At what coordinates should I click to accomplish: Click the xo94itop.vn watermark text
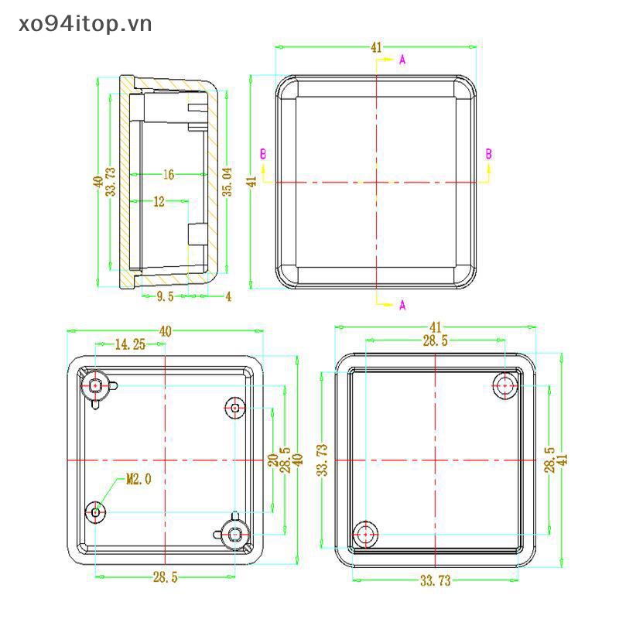(x=77, y=24)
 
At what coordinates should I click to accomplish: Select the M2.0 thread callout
(x=139, y=480)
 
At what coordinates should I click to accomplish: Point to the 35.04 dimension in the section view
(x=227, y=180)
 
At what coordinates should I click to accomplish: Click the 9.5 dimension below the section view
(x=165, y=296)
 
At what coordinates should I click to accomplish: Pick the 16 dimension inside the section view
(x=168, y=175)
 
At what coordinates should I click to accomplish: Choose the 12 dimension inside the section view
(x=159, y=201)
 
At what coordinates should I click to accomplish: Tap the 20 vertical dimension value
(x=272, y=459)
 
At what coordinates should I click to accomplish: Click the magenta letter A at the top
(x=402, y=60)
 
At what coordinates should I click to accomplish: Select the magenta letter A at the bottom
(x=402, y=305)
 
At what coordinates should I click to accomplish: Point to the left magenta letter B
(x=263, y=155)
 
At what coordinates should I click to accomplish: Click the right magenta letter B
(x=488, y=155)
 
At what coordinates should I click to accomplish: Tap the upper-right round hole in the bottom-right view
(x=506, y=385)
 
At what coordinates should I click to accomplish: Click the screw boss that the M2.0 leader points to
(x=96, y=511)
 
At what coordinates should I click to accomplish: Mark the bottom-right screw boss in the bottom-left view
(x=235, y=532)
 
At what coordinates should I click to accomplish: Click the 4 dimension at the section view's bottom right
(x=228, y=296)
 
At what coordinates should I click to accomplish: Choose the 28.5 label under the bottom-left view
(x=165, y=577)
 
